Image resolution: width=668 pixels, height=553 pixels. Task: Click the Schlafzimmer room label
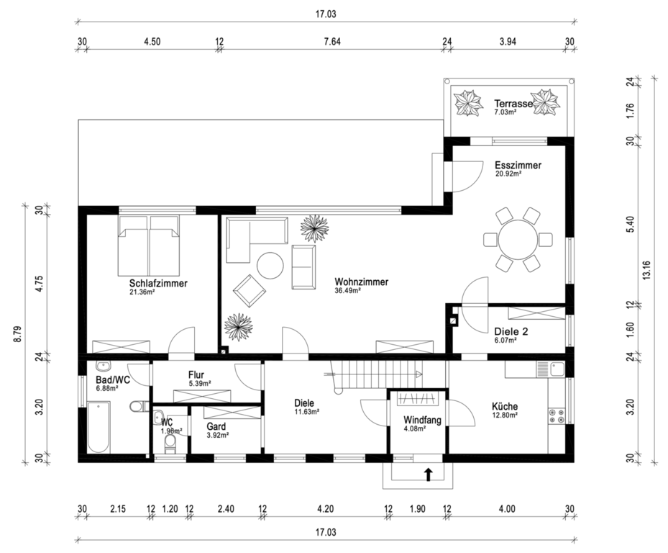[x=158, y=283]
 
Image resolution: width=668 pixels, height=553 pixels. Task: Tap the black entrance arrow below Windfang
[x=428, y=475]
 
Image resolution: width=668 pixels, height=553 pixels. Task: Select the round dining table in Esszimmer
[x=518, y=239]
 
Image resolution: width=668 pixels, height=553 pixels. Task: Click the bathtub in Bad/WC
[x=99, y=427]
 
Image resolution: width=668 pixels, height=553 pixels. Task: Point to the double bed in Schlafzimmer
[x=148, y=246]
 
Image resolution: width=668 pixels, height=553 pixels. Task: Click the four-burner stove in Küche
[x=557, y=416]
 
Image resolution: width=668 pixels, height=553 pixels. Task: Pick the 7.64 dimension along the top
[x=332, y=41]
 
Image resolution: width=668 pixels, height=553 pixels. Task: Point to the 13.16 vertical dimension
[x=647, y=270]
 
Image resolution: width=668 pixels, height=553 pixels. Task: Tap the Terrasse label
[x=513, y=103]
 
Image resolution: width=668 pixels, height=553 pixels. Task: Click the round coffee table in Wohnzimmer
[x=270, y=266]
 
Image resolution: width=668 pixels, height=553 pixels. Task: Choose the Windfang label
[x=422, y=420]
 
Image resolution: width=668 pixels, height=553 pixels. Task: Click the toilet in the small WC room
[x=170, y=444]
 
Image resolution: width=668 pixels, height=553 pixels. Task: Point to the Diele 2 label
[x=511, y=331]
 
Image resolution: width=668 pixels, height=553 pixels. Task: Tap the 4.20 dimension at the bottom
[x=325, y=508]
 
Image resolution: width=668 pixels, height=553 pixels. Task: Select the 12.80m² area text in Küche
[x=505, y=414]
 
